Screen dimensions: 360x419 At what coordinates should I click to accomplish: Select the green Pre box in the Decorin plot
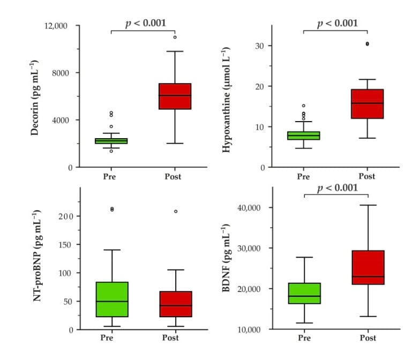pyautogui.click(x=111, y=141)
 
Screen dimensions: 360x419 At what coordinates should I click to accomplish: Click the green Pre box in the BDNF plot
pyautogui.click(x=304, y=293)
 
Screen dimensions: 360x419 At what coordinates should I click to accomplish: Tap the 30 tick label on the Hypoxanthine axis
pyautogui.click(x=259, y=46)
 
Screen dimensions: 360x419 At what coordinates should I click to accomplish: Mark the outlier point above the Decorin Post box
pyautogui.click(x=175, y=37)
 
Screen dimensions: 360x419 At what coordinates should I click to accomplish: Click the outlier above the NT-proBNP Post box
pyautogui.click(x=175, y=212)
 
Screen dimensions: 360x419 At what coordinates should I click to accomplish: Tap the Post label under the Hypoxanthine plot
pyautogui.click(x=367, y=176)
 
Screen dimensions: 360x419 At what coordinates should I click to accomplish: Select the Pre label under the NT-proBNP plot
pyautogui.click(x=111, y=338)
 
